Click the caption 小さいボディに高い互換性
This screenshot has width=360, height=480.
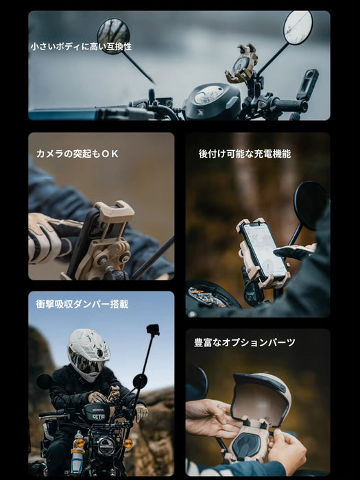click(81, 47)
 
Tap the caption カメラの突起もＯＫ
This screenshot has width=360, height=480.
click(77, 154)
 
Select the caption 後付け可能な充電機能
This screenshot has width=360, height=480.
click(245, 154)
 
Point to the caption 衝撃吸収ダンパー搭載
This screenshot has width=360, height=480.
click(82, 304)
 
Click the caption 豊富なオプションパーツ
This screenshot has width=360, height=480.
click(245, 342)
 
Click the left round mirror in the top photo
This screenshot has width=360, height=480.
click(114, 36)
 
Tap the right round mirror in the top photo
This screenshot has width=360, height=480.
click(298, 27)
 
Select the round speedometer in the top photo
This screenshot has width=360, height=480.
click(209, 95)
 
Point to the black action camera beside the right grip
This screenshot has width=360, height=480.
click(307, 84)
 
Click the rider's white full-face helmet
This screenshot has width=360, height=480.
click(88, 355)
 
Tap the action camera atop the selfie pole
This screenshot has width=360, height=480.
click(153, 330)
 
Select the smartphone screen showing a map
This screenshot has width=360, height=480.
click(263, 250)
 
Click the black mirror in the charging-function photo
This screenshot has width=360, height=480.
click(311, 204)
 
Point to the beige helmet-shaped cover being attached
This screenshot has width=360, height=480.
click(260, 398)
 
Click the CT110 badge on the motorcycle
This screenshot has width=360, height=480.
click(99, 417)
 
